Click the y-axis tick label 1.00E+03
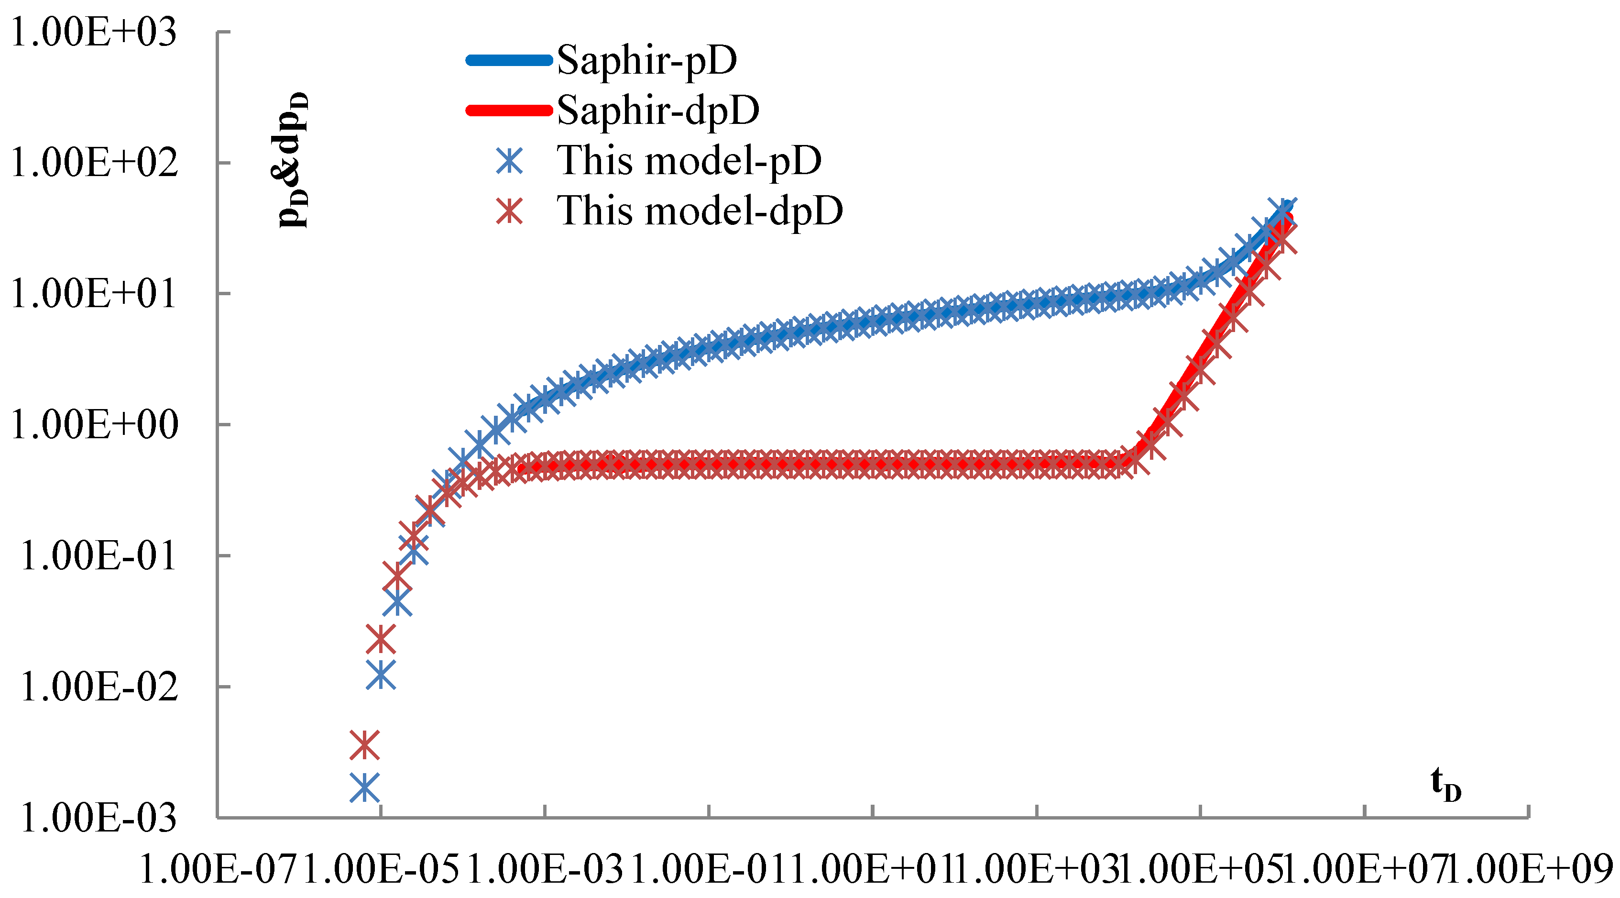(93, 32)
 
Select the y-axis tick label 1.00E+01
(93, 294)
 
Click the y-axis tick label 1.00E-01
(98, 555)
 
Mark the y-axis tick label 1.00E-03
(98, 818)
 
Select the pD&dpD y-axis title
(293, 160)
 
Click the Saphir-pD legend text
(646, 60)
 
